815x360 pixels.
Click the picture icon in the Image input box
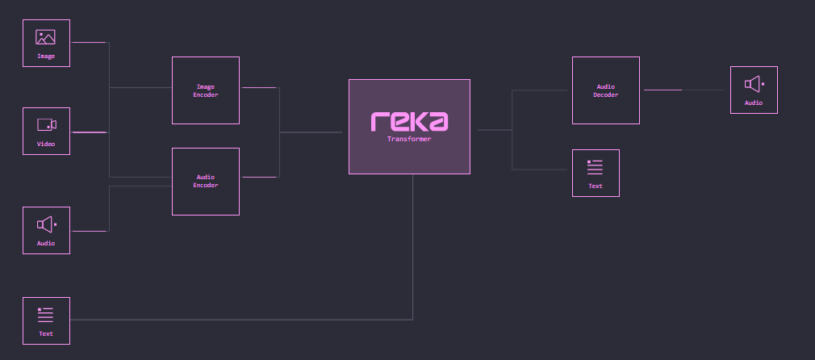point(45,37)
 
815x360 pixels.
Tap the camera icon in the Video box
point(46,124)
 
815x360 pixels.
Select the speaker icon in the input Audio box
point(46,224)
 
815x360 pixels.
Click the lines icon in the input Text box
point(46,315)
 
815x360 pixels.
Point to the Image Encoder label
point(205,90)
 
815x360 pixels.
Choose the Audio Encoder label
point(205,181)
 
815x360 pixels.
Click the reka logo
point(409,121)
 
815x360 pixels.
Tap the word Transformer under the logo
point(409,139)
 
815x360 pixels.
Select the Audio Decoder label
point(606,90)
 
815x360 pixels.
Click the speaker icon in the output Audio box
point(754,84)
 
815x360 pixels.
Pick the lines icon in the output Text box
point(596,167)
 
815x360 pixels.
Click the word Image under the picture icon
point(46,57)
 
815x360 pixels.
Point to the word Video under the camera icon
point(46,144)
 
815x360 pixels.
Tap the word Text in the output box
point(596,186)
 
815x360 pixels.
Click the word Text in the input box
point(46,333)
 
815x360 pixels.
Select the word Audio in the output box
point(754,103)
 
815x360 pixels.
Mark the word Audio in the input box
point(46,243)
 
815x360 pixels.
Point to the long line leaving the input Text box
point(242,320)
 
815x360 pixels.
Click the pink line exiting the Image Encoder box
point(259,87)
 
